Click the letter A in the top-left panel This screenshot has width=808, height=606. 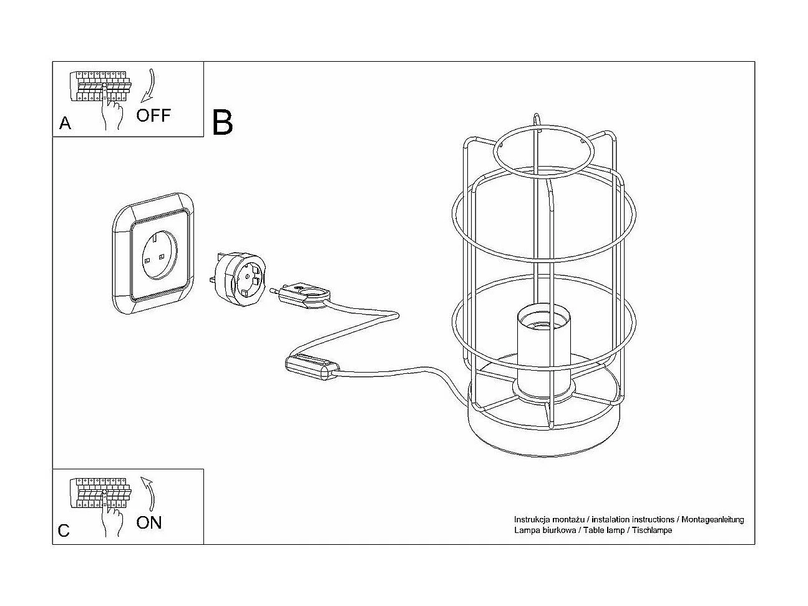[65, 124]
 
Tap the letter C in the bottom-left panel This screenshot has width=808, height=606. [64, 531]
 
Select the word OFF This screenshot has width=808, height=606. [153, 115]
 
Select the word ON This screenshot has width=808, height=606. [148, 522]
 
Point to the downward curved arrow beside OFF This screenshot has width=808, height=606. [148, 85]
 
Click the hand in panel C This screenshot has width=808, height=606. [113, 520]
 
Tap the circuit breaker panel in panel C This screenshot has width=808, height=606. [100, 492]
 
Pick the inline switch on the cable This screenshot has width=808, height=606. [311, 367]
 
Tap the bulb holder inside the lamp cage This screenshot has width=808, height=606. [542, 353]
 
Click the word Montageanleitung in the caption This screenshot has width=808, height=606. [713, 519]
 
